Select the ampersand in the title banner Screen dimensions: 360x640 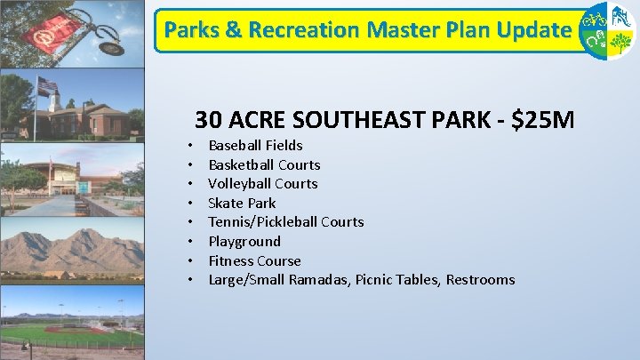[234, 30]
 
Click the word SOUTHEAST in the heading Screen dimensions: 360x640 [348, 119]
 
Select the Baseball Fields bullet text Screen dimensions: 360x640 [255, 145]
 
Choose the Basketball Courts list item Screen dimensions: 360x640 [264, 164]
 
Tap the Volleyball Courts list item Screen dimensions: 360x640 [262, 183]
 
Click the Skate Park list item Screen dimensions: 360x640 [242, 203]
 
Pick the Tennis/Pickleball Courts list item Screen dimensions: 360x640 [285, 221]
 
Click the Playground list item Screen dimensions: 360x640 [244, 241]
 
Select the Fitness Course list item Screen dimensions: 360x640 [254, 260]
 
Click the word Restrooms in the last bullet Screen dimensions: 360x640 [480, 279]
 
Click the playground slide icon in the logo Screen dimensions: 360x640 [622, 17]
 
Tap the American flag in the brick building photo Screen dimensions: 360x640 [47, 85]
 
